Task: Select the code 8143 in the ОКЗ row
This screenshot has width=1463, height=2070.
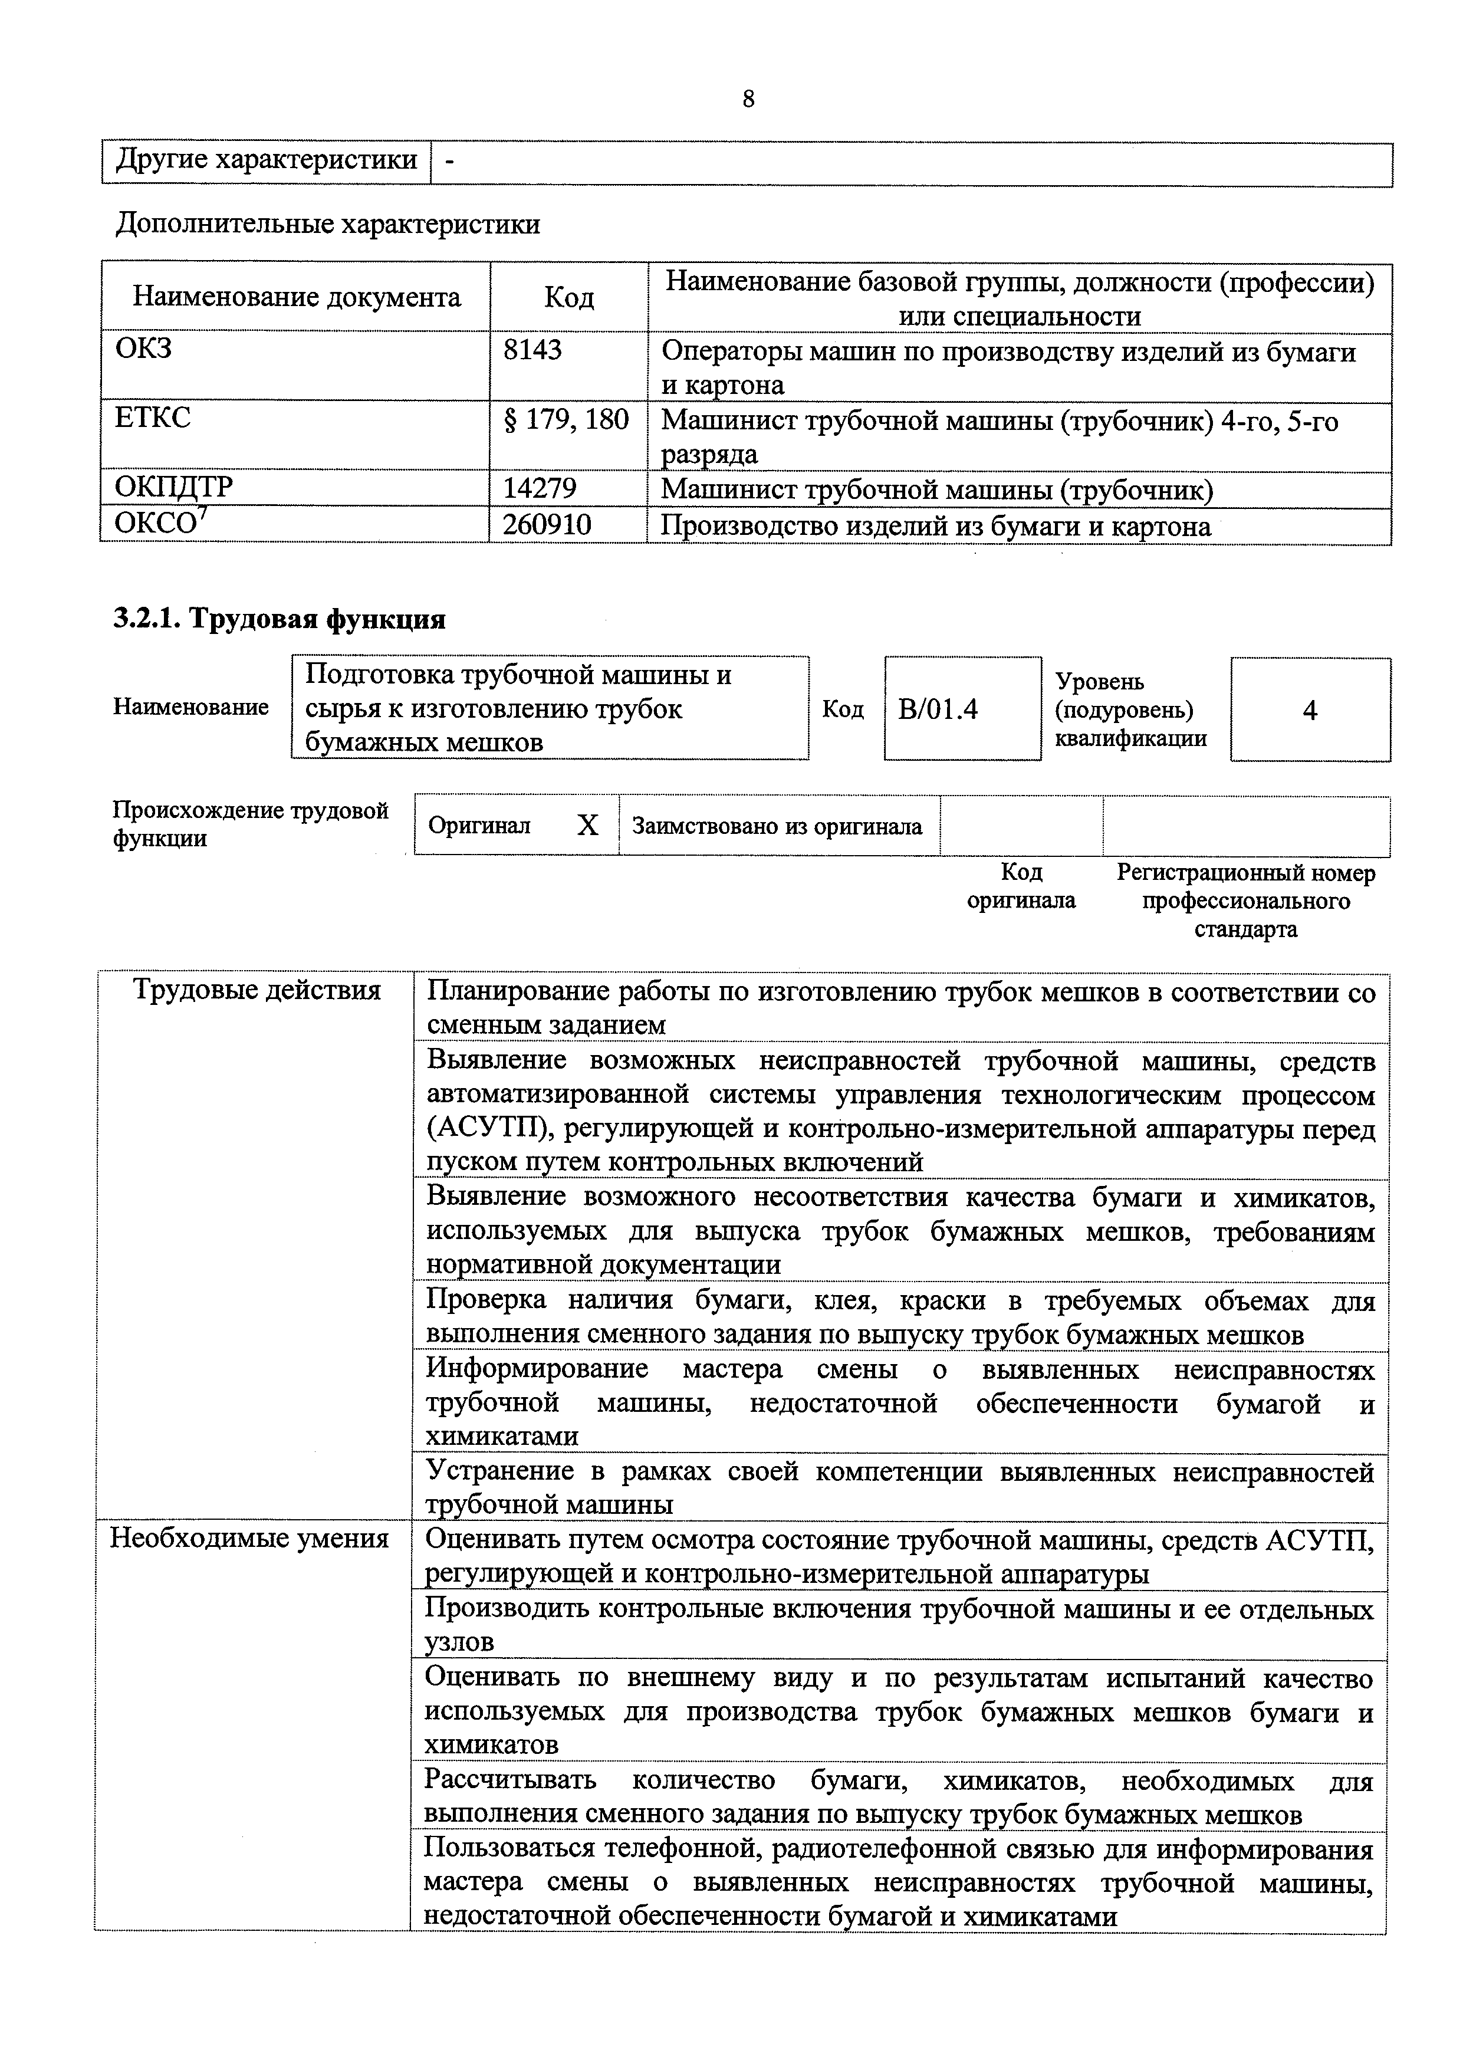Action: pyautogui.click(x=532, y=350)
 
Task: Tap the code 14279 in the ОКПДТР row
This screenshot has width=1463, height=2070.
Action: pyautogui.click(x=539, y=489)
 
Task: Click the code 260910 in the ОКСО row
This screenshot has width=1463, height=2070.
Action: pyautogui.click(x=546, y=525)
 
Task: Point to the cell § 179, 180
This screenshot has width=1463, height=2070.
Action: pyautogui.click(x=566, y=419)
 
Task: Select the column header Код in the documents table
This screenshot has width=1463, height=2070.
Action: pyautogui.click(x=569, y=297)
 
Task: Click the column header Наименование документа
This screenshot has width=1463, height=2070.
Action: pyautogui.click(x=297, y=297)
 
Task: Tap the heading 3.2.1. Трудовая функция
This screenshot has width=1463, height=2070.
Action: pyautogui.click(x=280, y=619)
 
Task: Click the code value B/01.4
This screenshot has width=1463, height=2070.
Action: pyautogui.click(x=938, y=711)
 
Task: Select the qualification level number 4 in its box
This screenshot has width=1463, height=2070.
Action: pyautogui.click(x=1310, y=711)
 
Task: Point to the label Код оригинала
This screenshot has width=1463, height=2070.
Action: pyautogui.click(x=1021, y=886)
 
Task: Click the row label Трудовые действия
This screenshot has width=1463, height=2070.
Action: pyautogui.click(x=257, y=991)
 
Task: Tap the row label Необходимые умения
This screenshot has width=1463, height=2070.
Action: pyautogui.click(x=249, y=1539)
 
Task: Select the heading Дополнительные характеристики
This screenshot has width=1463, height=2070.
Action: pyautogui.click(x=327, y=224)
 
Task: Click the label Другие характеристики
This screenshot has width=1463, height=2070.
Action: pyautogui.click(x=267, y=160)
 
